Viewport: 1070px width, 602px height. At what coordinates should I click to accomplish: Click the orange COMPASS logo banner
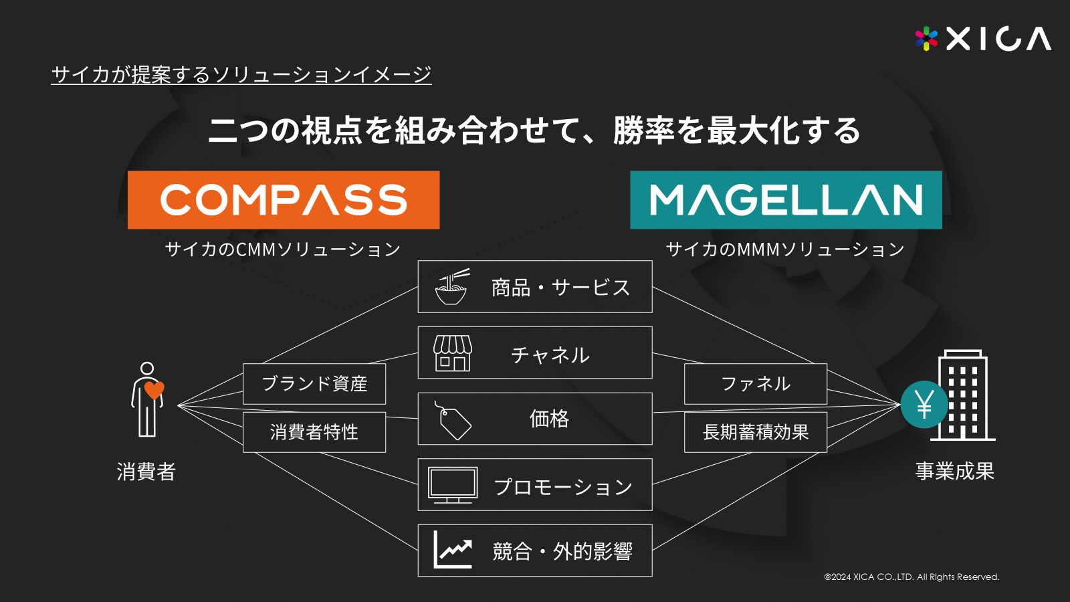284,200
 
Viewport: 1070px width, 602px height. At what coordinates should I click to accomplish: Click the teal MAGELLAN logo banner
786,200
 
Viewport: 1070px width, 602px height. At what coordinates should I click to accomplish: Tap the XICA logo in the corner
983,39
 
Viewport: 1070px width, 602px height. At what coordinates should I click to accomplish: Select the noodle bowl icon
451,287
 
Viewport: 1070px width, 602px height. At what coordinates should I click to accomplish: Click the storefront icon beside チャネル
452,353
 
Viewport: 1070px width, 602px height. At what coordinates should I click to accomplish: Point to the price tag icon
452,421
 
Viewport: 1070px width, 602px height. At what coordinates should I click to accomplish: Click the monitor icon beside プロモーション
452,485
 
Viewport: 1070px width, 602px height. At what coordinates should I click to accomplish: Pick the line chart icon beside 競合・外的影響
452,549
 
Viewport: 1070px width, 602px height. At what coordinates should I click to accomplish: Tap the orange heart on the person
154,390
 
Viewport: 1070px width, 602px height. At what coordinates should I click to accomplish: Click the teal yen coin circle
924,404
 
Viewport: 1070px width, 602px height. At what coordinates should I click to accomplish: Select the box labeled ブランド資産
314,384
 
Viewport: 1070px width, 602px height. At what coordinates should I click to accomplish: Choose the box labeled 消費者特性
314,432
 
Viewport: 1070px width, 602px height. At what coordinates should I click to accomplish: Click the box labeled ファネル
756,384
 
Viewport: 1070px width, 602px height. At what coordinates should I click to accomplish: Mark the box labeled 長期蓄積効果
756,432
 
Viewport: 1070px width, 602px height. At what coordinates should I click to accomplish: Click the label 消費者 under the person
146,472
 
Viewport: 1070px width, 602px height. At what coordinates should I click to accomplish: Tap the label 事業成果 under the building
955,471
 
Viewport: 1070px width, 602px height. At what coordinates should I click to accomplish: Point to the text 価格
549,419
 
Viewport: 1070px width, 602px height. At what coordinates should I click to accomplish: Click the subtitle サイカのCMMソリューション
283,249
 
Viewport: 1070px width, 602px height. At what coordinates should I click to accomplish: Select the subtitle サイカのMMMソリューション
785,249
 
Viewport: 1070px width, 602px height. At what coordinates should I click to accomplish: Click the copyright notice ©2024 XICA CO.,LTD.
912,577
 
